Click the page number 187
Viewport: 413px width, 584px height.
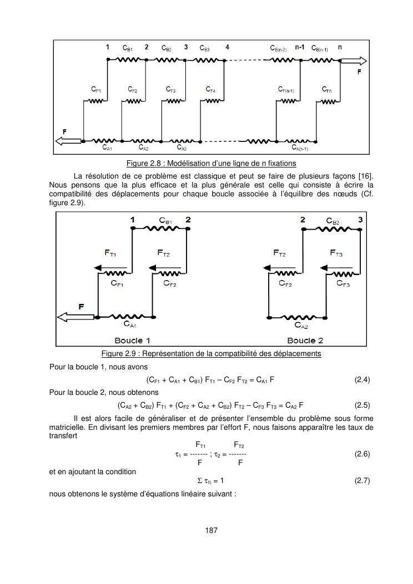coord(211,531)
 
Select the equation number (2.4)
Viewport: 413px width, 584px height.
coord(362,380)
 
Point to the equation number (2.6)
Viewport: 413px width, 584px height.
coord(362,454)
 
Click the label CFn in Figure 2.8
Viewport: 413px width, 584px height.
coord(327,89)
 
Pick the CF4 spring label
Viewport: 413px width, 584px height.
coord(210,89)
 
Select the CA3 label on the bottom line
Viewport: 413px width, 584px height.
coord(182,148)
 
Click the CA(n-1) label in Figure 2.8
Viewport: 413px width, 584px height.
coord(300,148)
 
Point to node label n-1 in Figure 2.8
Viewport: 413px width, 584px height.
coord(299,48)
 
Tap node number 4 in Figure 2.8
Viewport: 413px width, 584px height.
coord(227,48)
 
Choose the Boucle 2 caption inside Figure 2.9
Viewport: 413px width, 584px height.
coord(305,340)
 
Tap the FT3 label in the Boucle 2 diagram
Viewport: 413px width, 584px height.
coord(336,253)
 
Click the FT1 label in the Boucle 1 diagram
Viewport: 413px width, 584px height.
coord(110,253)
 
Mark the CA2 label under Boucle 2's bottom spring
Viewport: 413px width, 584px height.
coord(301,327)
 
